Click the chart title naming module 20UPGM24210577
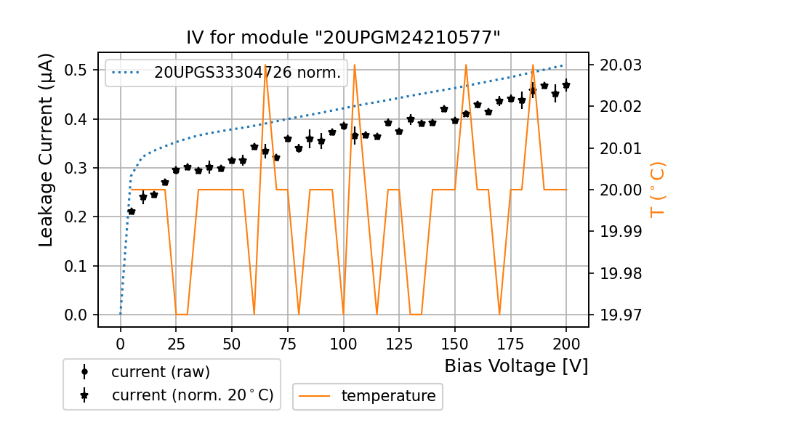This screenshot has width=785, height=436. (343, 38)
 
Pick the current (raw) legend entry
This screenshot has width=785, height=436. (160, 372)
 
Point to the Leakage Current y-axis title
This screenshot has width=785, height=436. (47, 150)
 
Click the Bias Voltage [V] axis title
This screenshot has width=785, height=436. (516, 366)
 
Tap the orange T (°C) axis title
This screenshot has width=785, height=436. (658, 189)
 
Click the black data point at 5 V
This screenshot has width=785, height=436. (132, 211)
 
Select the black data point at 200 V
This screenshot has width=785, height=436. (566, 86)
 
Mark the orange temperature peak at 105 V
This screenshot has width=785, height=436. (355, 65)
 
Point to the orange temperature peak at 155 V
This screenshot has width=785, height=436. (466, 65)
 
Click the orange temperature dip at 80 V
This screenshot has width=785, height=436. (299, 314)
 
